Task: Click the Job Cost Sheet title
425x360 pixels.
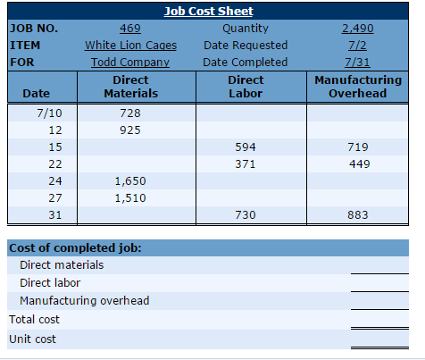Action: pos(209,12)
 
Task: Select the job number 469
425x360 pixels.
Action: pos(130,29)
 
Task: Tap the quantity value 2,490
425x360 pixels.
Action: pos(357,29)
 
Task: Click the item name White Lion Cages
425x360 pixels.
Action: pos(130,46)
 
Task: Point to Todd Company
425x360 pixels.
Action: pos(130,63)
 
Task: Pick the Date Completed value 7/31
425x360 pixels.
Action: pos(357,63)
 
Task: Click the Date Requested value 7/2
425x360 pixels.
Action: pos(357,46)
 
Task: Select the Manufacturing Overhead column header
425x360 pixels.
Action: pos(358,87)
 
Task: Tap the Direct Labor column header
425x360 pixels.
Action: pos(246,87)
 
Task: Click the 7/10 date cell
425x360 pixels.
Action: pos(49,113)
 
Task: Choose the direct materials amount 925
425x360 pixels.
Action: pos(130,130)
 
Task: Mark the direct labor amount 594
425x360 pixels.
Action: pos(246,147)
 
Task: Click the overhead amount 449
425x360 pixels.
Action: pos(360,164)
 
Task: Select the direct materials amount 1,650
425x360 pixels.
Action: pos(130,181)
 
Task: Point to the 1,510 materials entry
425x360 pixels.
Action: pos(130,198)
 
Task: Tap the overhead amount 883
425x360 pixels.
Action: pos(358,215)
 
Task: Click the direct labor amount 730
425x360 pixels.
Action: pos(246,215)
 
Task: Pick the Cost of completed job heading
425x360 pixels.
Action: pos(75,248)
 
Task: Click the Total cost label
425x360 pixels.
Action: pos(34,320)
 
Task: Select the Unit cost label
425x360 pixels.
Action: pos(32,339)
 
